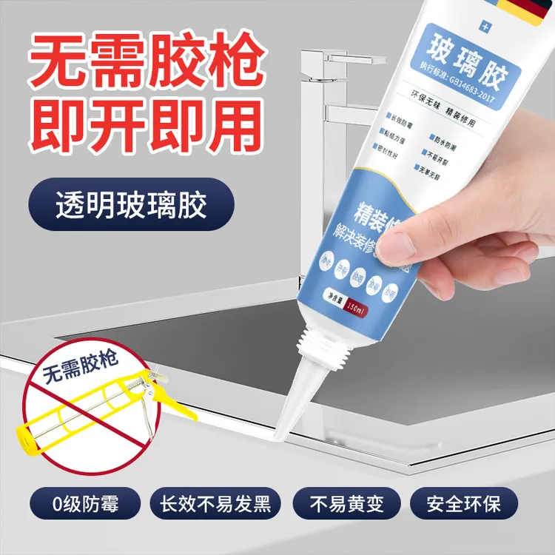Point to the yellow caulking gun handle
167,400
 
